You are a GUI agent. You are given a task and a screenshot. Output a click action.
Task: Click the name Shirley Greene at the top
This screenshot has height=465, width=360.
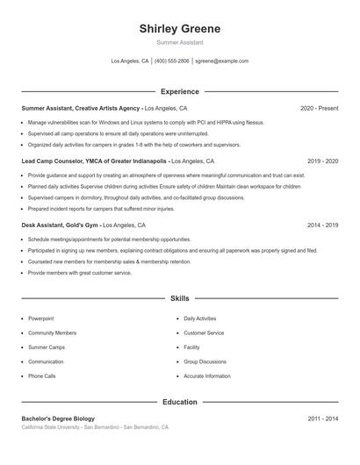pos(179,29)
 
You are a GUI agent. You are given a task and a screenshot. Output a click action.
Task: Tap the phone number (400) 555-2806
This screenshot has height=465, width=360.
pos(172,61)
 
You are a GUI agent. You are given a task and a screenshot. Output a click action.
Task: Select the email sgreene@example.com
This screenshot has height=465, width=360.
pos(221,61)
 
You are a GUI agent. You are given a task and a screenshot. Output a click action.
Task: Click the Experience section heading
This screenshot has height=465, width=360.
pos(179,91)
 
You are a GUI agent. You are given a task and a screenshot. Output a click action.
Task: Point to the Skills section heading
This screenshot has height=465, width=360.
pos(179,299)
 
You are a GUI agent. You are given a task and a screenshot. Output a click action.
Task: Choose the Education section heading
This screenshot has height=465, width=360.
pos(179,403)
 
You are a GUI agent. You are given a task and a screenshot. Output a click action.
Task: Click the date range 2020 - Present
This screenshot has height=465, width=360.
pos(319,108)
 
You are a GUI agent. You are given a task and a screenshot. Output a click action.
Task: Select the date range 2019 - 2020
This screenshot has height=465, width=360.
pos(322,161)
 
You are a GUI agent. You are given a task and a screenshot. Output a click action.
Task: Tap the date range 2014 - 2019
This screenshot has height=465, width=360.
pos(322,225)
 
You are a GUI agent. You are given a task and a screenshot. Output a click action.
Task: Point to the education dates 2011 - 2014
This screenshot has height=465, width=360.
pos(322,418)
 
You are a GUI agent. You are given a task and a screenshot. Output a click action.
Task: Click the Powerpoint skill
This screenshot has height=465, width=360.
pos(41,318)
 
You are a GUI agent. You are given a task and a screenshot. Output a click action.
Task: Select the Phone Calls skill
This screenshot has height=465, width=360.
pos(41,376)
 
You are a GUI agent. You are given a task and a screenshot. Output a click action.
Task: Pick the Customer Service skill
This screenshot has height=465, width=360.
pos(204,333)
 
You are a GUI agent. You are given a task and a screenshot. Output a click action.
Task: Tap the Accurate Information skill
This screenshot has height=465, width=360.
pos(207,376)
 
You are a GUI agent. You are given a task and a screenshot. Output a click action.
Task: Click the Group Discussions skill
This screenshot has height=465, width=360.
pos(205,361)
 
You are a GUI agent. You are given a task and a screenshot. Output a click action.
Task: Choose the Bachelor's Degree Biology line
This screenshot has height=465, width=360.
pos(58,418)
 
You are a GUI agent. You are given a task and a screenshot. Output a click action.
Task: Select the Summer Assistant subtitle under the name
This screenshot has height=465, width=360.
pos(179,42)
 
